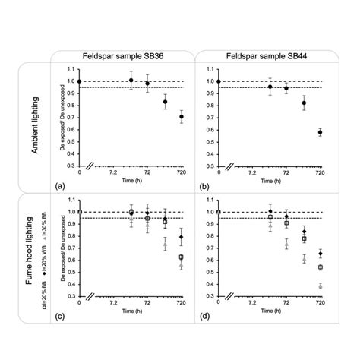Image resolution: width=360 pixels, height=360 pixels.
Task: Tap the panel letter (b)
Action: pos(204,185)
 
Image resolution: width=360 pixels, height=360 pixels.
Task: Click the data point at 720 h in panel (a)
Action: pos(181,117)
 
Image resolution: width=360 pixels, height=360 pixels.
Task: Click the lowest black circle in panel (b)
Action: pos(320,132)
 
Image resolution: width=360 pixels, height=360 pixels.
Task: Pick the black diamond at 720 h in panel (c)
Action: pos(181,237)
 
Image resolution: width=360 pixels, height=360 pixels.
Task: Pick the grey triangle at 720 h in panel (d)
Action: pos(320,286)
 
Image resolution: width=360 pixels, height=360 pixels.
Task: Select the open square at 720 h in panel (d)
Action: pos(320,267)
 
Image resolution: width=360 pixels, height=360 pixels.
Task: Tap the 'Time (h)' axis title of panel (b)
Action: pos(268,181)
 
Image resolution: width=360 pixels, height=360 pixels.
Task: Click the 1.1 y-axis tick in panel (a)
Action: pos(70,70)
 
